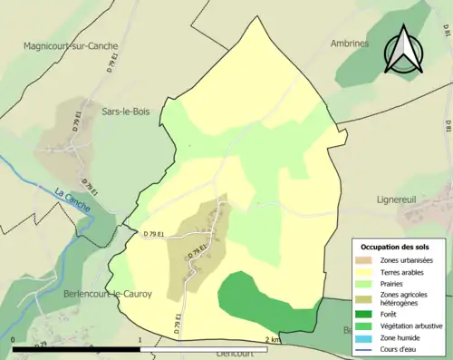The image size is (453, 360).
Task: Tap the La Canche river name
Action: coord(72,197)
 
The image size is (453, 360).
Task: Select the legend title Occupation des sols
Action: coord(398,247)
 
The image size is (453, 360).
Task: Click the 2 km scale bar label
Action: coord(273,339)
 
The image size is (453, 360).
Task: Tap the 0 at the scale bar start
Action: coord(14,339)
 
